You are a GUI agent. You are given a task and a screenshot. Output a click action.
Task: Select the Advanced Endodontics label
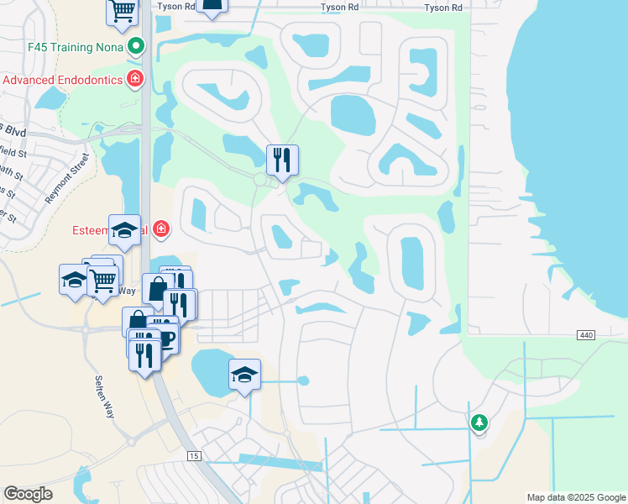click(63, 80)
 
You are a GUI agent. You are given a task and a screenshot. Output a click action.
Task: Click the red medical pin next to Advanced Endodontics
click(134, 80)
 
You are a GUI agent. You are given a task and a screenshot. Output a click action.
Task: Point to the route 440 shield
click(586, 335)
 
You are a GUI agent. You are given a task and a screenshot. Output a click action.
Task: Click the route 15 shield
click(194, 455)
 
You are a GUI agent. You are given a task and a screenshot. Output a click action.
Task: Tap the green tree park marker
click(479, 422)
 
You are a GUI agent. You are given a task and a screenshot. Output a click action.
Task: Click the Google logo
click(28, 494)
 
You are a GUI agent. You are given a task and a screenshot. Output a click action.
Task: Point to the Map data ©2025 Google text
click(575, 497)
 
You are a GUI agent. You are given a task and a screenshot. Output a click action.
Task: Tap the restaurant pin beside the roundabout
click(281, 160)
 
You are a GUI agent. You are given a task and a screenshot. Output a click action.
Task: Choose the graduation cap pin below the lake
click(244, 375)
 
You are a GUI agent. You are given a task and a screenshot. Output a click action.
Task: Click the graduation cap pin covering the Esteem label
click(124, 231)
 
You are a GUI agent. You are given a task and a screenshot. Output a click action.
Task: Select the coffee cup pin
click(166, 336)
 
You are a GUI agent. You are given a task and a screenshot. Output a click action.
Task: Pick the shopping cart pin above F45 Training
click(123, 11)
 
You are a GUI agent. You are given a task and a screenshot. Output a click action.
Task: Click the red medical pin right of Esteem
click(160, 229)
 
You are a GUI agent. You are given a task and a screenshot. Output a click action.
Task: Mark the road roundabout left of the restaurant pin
click(260, 180)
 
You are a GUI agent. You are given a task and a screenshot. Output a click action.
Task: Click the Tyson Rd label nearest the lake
click(443, 8)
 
